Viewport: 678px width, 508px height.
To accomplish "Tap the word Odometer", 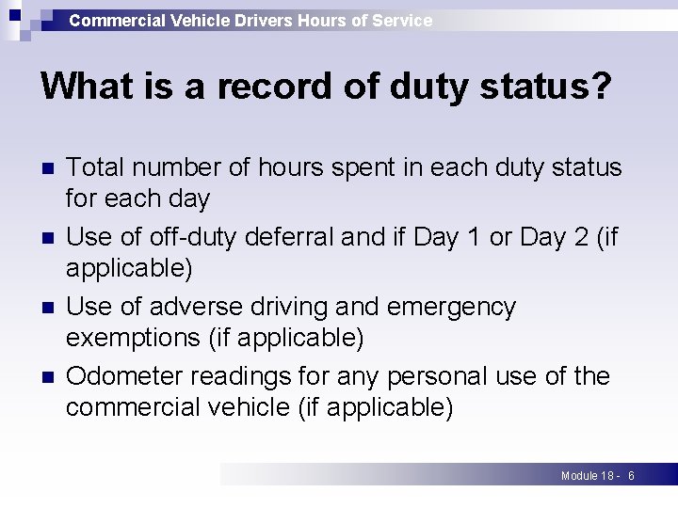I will click(124, 376).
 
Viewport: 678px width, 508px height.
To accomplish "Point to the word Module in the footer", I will click(579, 476).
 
